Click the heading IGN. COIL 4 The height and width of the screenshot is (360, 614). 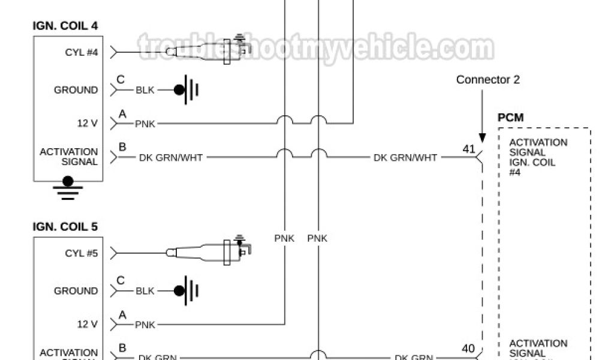tap(65, 26)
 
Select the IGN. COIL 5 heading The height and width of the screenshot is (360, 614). tap(65, 227)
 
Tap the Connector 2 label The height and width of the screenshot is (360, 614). tap(487, 79)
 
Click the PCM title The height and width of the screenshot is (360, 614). tap(510, 118)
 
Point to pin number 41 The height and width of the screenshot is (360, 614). tap(468, 148)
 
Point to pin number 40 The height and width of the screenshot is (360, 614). tap(468, 348)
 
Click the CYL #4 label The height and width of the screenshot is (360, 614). tap(81, 52)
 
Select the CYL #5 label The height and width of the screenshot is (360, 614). tap(81, 253)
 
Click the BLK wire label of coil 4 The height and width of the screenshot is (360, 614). tap(145, 90)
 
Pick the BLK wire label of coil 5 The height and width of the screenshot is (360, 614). tap(145, 291)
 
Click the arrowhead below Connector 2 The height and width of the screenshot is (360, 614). tap(482, 137)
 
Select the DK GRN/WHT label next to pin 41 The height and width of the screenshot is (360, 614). tap(405, 158)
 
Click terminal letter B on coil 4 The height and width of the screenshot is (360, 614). tap(122, 146)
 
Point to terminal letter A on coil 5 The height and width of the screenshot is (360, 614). tap(122, 313)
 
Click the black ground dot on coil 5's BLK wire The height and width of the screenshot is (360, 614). tap(179, 291)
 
